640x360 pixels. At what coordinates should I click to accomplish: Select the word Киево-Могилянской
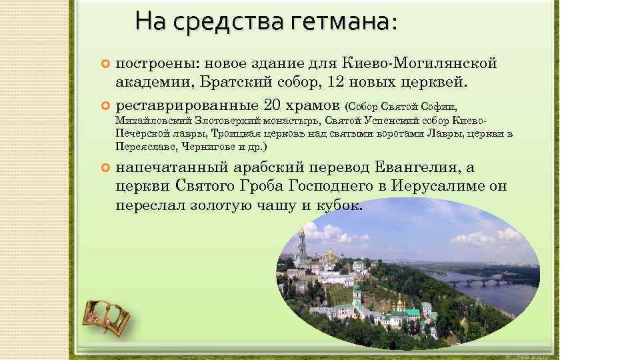click(x=419, y=63)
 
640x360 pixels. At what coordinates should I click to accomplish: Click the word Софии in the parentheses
click(x=441, y=107)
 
